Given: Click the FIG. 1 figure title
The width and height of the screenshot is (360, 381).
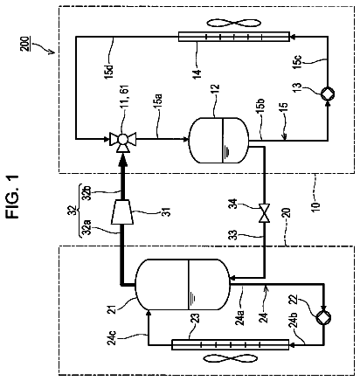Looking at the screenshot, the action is tap(13, 197).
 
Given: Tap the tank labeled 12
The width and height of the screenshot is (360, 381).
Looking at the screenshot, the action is tap(218, 140).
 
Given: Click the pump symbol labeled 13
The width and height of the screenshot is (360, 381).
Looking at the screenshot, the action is tap(328, 94).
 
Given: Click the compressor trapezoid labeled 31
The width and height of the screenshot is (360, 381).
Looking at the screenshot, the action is tap(122, 211).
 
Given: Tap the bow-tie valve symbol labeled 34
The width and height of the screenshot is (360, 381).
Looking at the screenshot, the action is tap(265, 213).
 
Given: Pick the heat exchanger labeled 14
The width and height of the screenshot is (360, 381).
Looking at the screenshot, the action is tap(233, 37).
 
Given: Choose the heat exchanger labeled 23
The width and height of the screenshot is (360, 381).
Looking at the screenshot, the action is tap(230, 344).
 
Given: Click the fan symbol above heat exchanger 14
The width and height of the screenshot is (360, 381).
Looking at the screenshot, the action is tap(233, 23).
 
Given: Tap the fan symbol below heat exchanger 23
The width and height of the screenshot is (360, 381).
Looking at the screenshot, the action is tap(230, 358).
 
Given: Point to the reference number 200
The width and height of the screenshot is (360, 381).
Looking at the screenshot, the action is tap(25, 44).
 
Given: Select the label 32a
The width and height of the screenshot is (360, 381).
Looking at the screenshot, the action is tap(87, 228).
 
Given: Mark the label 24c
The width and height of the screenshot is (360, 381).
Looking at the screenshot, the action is tap(114, 337).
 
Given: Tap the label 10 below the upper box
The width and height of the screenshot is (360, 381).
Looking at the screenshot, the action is tap(315, 204).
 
